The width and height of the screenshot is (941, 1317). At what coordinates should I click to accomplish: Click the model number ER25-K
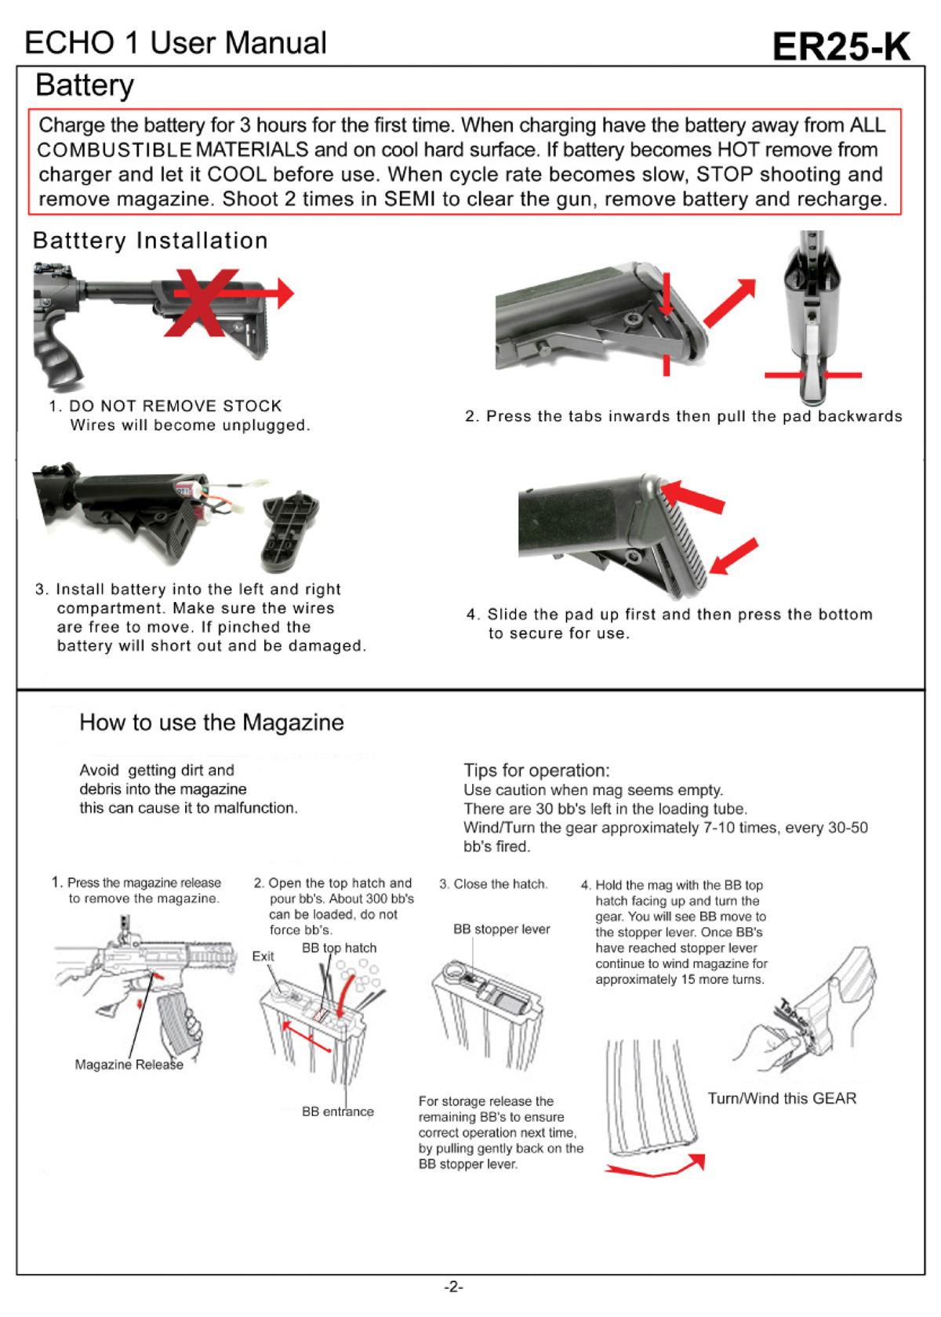point(841,47)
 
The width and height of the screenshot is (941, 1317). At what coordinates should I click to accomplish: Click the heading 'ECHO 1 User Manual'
point(175,42)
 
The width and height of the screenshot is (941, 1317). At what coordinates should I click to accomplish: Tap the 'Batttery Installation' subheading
point(151,240)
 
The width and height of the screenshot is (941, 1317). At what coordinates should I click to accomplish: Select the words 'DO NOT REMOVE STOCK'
point(175,406)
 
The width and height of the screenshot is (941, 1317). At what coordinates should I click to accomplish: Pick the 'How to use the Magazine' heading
point(212,722)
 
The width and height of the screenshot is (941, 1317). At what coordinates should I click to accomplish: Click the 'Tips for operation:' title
point(536,770)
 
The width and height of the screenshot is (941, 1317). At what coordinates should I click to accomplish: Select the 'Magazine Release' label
point(129,1064)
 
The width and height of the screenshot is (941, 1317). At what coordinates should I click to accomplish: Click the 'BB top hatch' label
point(339,948)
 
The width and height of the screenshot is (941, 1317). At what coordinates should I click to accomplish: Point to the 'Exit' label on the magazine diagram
point(263,956)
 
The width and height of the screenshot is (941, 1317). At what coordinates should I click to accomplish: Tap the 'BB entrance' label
point(338,1112)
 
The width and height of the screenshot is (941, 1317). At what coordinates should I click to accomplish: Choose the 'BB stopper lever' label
point(501,929)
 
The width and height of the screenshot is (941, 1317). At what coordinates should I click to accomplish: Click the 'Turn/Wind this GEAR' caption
point(782,1098)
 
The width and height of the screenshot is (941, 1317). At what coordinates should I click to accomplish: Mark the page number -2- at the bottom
point(454,1286)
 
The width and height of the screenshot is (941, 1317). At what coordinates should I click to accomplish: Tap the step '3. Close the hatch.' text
point(493,884)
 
